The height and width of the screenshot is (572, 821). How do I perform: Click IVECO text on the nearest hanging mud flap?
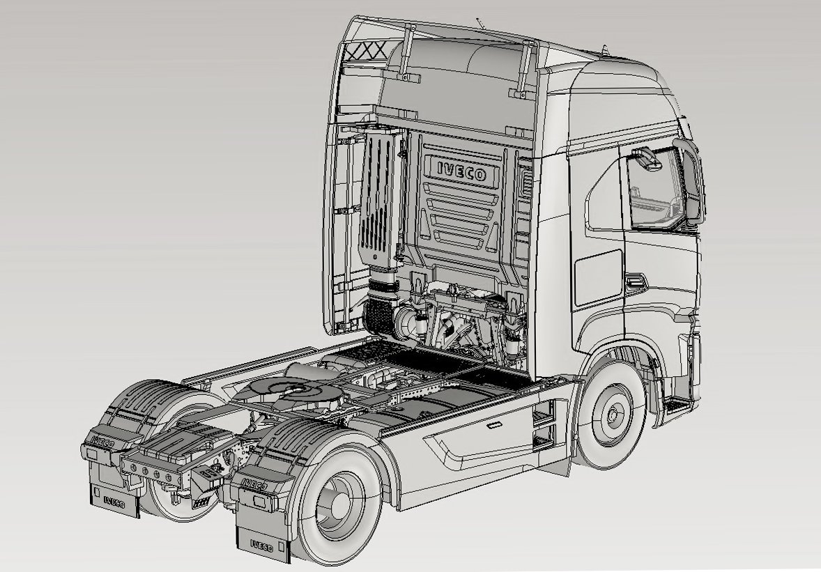(x=261, y=546)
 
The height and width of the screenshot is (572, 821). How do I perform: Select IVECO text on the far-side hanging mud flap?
(x=114, y=502)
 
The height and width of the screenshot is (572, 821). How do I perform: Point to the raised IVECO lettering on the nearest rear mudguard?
(x=254, y=485)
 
